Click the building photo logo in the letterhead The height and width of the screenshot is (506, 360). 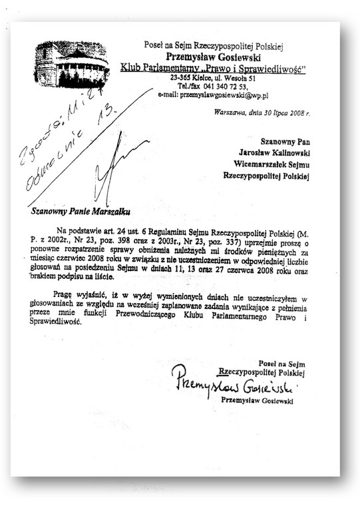pos(71,64)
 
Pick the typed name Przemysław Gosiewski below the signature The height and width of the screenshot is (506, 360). pos(259,401)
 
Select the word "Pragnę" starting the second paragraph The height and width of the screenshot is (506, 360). pos(66,292)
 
